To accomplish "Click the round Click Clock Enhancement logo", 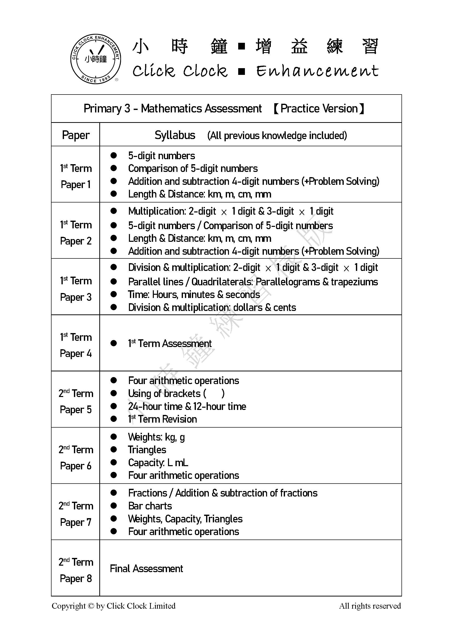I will click(x=96, y=59).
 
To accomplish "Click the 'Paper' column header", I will click(x=76, y=135).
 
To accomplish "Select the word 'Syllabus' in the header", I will click(x=175, y=135).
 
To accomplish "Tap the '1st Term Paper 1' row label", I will click(x=76, y=176).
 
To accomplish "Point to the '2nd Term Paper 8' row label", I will click(x=76, y=570).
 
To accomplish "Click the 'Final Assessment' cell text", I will click(x=146, y=569).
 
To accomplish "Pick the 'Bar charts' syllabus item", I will click(x=150, y=506).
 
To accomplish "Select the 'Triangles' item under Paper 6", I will click(x=147, y=449).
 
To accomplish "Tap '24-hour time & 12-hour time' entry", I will click(x=187, y=406).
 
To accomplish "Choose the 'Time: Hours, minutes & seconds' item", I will click(x=194, y=295).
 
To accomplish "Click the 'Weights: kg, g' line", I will click(x=156, y=437).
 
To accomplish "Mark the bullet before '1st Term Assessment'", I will click(x=113, y=343).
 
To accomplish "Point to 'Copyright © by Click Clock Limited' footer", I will click(x=113, y=606).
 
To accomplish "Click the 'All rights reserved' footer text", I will click(x=370, y=606).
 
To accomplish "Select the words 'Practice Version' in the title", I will click(x=319, y=108).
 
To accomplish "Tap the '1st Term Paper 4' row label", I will click(x=76, y=345).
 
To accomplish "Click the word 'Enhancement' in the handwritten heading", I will click(x=317, y=71).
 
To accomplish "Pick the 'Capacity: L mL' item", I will click(x=158, y=463).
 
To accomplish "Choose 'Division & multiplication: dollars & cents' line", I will click(x=212, y=307).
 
